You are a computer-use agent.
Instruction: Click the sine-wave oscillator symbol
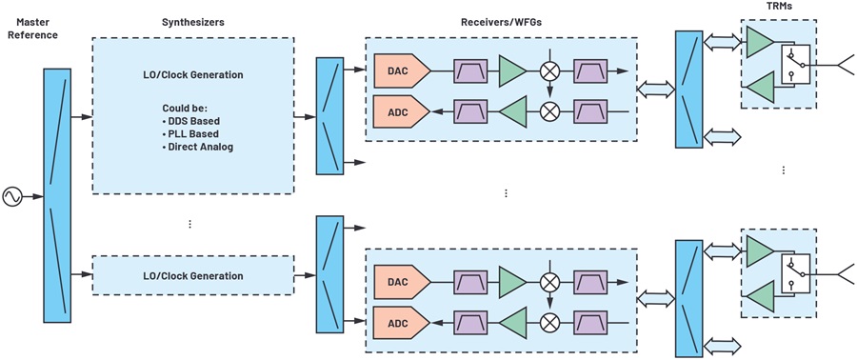tap(12, 196)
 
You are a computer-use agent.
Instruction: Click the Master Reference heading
tap(37, 29)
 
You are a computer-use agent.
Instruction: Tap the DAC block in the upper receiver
tap(402, 70)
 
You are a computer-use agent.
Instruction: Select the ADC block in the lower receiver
tap(402, 323)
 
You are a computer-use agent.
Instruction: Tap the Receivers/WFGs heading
tap(500, 23)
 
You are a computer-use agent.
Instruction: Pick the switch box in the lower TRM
tap(795, 274)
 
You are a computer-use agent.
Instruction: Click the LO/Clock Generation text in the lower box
tap(194, 276)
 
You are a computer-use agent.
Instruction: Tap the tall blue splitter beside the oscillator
tap(57, 194)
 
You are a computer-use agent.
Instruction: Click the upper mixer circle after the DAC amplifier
tap(549, 70)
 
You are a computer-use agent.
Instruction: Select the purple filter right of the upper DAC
tap(470, 70)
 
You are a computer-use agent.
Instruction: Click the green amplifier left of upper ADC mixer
tap(512, 111)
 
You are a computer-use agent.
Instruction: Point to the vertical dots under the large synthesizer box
tap(189, 224)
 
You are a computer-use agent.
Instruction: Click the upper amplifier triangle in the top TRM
tap(760, 43)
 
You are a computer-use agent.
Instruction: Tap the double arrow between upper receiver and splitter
tap(656, 89)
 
